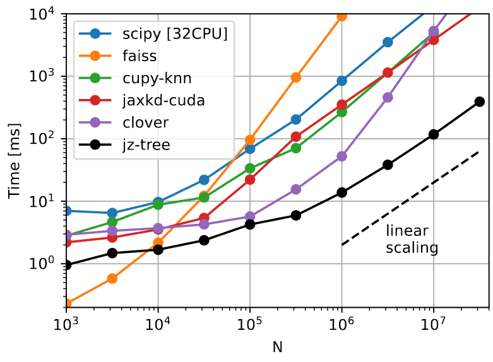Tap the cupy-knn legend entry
(148, 79)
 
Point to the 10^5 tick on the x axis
(250, 325)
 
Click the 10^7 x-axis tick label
(434, 325)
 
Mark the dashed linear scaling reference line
(410, 198)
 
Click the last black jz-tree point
(480, 102)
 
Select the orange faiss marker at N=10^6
(342, 16)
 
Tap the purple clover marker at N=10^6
(342, 156)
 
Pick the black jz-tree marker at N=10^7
(434, 134)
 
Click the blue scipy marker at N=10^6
(342, 81)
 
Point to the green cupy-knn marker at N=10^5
(250, 168)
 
